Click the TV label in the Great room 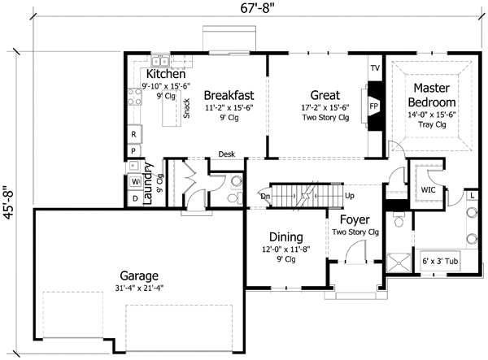coord(375,67)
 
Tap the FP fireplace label coord(375,106)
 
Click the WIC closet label coord(427,189)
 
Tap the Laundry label coord(149,184)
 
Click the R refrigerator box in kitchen coord(133,133)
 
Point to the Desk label coord(227,154)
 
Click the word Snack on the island coord(186,109)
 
